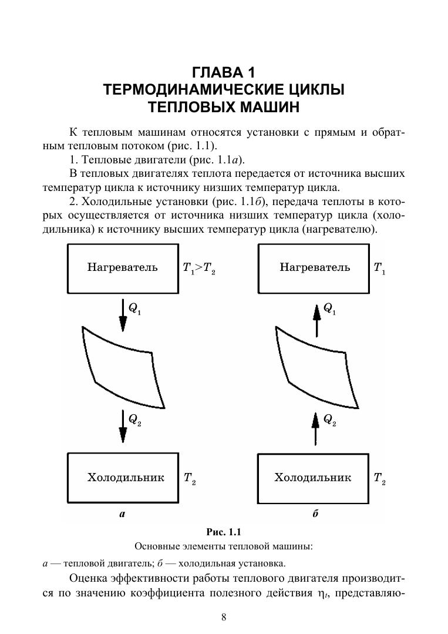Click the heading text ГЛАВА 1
(224, 73)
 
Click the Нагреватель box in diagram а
(123, 268)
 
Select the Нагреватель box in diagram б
(315, 268)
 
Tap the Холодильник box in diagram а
(123, 478)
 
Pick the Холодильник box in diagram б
(313, 478)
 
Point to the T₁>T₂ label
(199, 269)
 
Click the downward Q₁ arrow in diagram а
(123, 316)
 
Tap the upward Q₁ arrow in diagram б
(316, 319)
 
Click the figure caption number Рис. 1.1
(224, 532)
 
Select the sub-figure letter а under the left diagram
(122, 514)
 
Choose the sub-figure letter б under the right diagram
(315, 514)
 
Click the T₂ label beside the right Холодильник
(379, 478)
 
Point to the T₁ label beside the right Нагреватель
(379, 269)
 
